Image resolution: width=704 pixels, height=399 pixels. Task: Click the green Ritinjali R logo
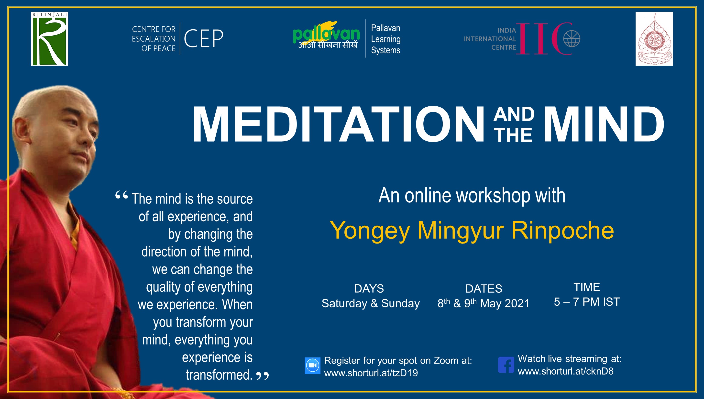coord(49,39)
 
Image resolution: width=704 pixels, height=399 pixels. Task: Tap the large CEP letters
coord(204,38)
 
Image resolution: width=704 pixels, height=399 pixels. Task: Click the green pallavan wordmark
coord(326,34)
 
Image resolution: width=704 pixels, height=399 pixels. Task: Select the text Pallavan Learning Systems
coord(386,39)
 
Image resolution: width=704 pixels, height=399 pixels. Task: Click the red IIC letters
coord(545,39)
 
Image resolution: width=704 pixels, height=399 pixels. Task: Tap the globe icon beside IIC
coord(572,39)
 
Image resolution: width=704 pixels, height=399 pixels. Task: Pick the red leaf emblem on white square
coord(654,39)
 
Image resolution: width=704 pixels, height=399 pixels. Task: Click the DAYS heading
coord(369,288)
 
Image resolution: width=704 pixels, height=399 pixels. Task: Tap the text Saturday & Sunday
coord(371,303)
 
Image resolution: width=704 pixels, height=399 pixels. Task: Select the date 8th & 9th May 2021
coord(484,303)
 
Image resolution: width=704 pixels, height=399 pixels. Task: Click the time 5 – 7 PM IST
coord(587,302)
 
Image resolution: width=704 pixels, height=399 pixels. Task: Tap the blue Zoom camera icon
coord(313,366)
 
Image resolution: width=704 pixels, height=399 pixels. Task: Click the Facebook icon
coord(506,365)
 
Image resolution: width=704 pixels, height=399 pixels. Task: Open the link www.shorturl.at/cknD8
coord(565,371)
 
